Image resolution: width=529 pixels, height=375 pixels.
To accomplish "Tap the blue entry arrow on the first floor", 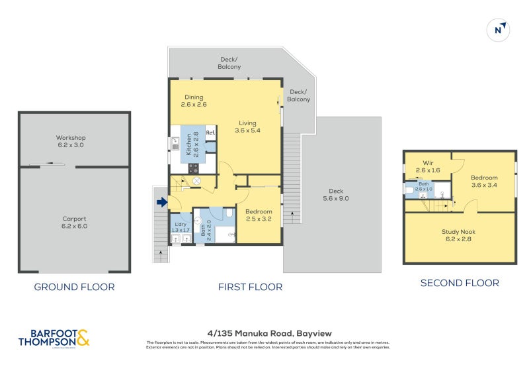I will [x=161, y=203].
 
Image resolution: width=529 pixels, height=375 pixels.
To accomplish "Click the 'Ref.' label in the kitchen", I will [x=210, y=133].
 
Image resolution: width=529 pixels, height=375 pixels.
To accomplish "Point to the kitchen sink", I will [x=175, y=142].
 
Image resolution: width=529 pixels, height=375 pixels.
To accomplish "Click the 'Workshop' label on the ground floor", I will [x=71, y=138].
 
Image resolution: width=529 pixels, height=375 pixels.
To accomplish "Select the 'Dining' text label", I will [x=194, y=97].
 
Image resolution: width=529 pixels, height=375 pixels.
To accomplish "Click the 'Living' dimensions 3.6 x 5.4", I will [x=247, y=131].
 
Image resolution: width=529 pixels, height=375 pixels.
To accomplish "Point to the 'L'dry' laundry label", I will [x=179, y=224].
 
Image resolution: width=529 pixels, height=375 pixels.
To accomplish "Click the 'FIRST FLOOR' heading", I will [x=250, y=287].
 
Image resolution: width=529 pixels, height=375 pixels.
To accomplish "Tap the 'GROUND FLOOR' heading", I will [x=74, y=287].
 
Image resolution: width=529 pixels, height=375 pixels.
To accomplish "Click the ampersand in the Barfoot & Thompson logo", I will [x=83, y=339].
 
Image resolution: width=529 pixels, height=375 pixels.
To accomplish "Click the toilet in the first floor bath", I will [x=228, y=213].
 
